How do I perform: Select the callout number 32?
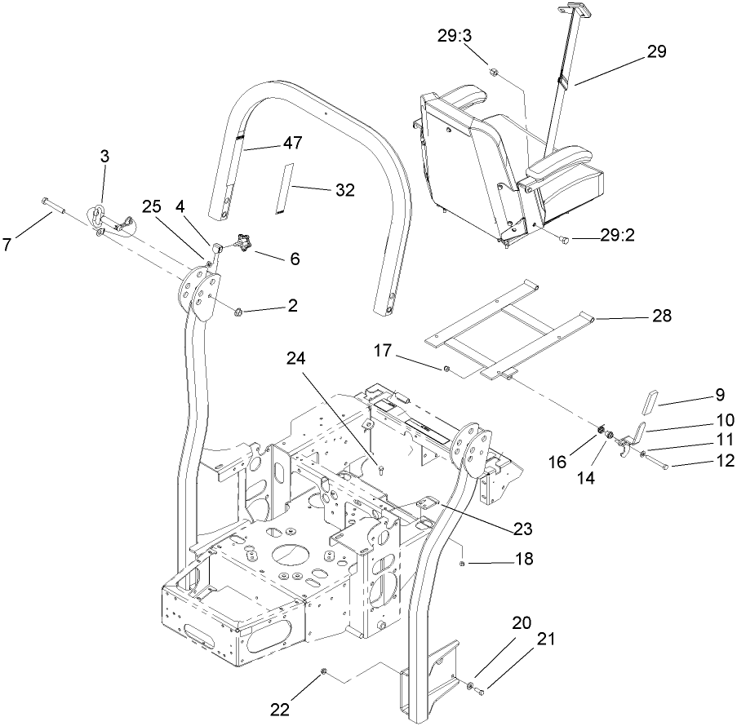coord(344,189)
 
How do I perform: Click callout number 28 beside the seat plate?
coord(662,316)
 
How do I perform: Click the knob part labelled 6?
coord(242,241)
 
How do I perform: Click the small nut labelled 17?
coord(446,370)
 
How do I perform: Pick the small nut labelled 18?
coord(462,563)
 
